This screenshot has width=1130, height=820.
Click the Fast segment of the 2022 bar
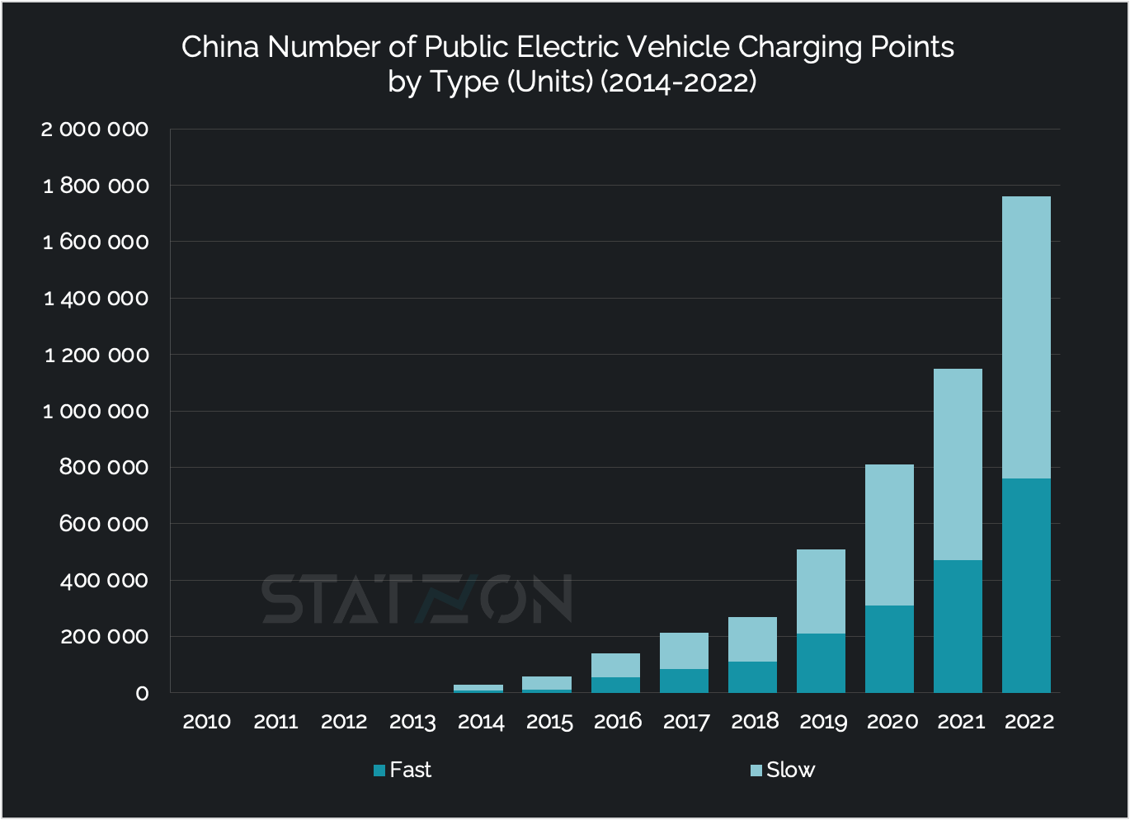tap(1026, 585)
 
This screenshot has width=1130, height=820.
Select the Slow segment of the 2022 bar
tap(1026, 337)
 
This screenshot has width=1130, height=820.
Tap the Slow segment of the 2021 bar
tap(958, 464)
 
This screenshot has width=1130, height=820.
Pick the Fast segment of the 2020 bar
tap(889, 648)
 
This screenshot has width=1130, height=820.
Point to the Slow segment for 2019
tap(821, 591)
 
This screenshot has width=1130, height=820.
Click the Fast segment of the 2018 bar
tap(752, 676)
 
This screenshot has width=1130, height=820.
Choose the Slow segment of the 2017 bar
tap(684, 651)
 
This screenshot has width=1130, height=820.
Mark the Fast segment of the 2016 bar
tap(615, 685)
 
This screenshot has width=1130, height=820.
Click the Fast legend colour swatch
tap(379, 771)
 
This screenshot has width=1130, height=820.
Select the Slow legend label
tap(790, 770)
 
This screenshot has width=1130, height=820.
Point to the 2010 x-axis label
tap(206, 722)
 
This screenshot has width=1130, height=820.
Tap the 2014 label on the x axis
tap(481, 722)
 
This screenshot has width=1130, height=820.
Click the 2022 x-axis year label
tap(1029, 722)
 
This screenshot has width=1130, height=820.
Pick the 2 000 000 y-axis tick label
tap(95, 130)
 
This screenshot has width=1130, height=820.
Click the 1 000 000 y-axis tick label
tap(96, 412)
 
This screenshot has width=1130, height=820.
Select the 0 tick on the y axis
tap(142, 694)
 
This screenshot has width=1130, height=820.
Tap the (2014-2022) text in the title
tap(678, 82)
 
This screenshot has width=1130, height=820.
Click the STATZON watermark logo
tap(417, 599)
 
